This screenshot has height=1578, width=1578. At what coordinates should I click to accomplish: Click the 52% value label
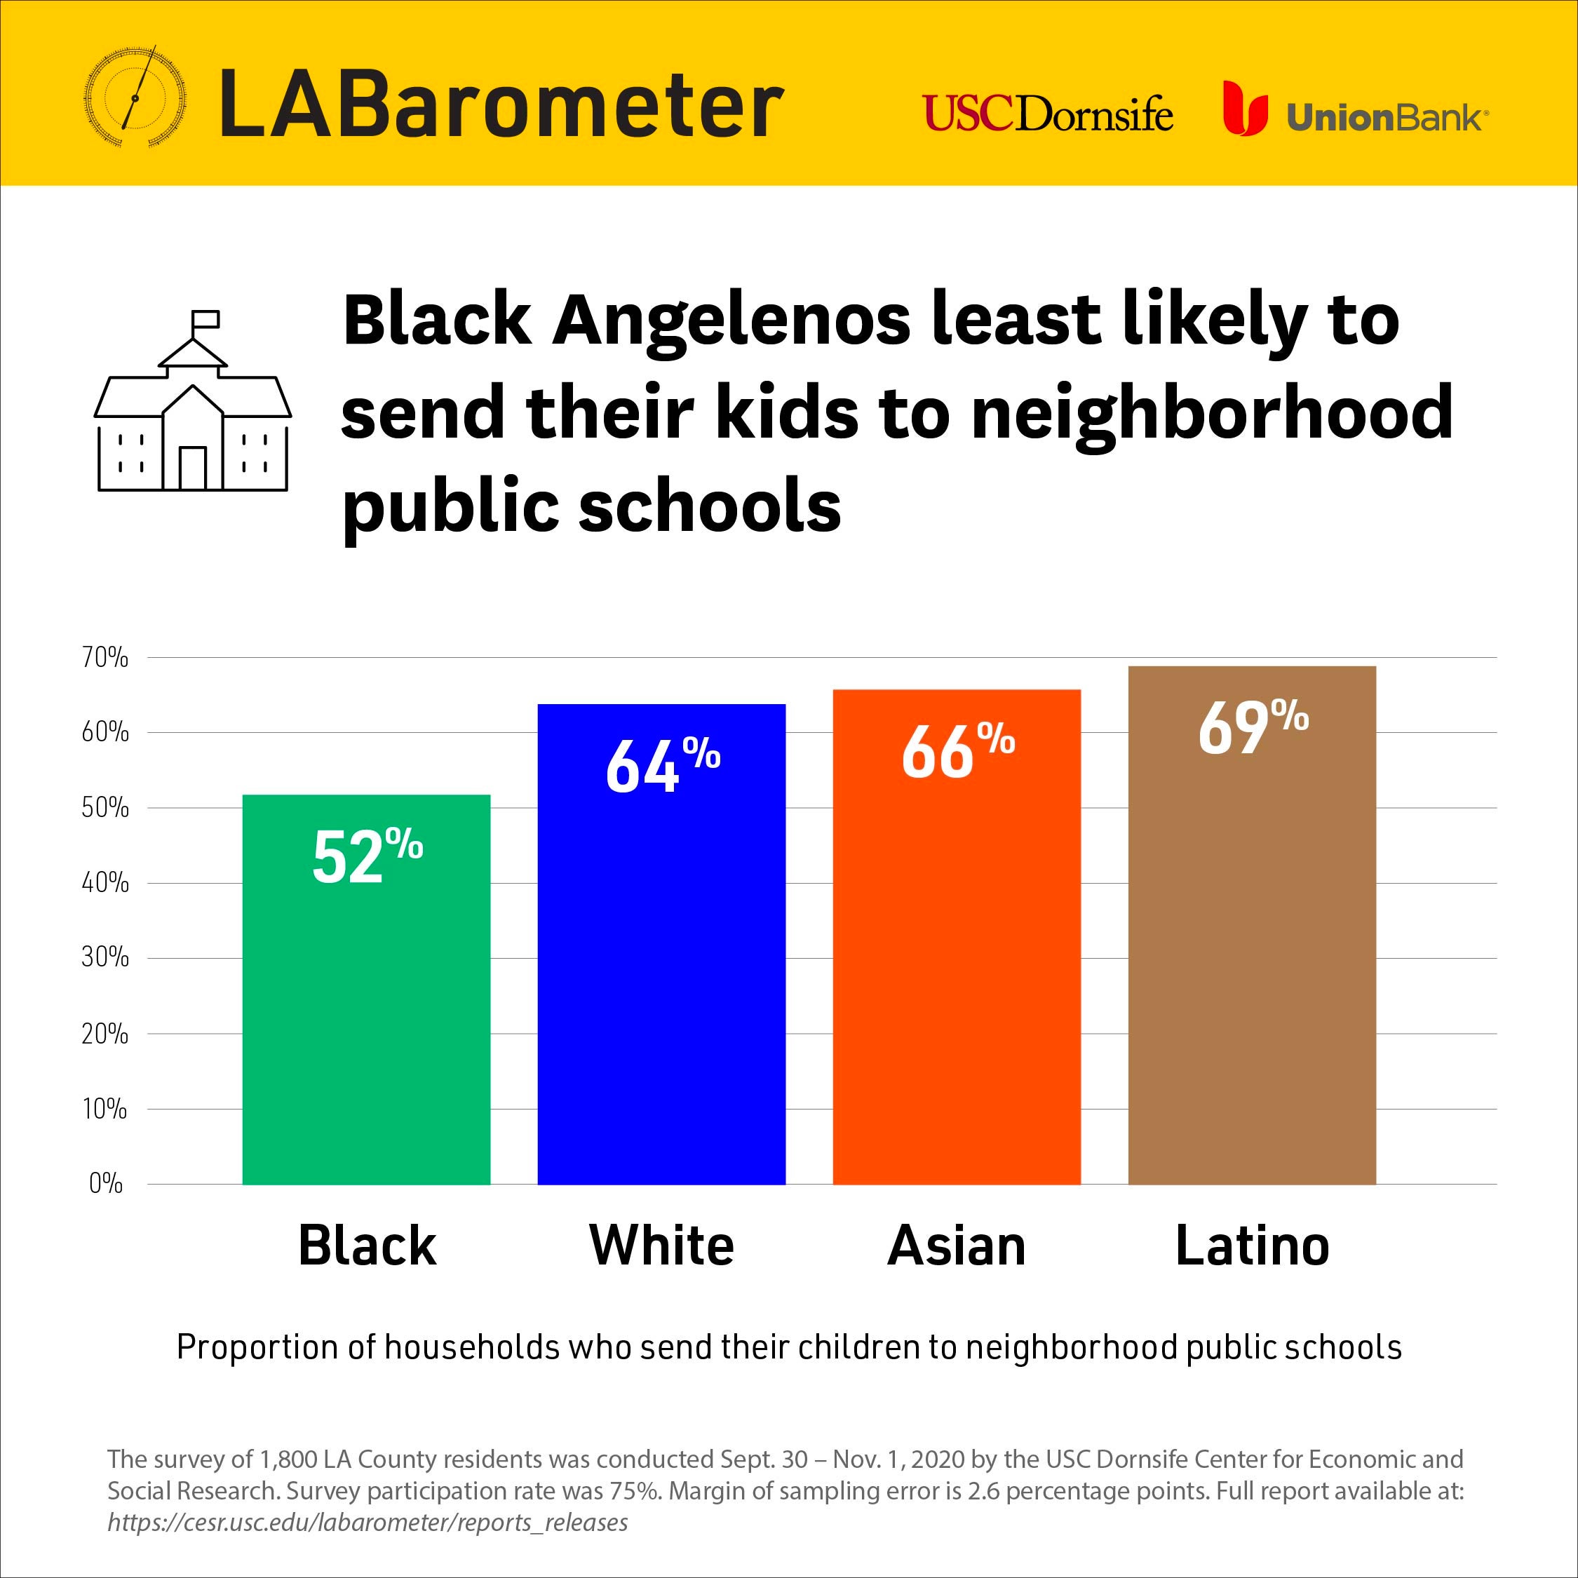[367, 855]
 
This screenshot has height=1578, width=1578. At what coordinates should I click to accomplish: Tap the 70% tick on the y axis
[104, 658]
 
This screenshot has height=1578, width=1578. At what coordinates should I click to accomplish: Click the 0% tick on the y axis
[105, 1184]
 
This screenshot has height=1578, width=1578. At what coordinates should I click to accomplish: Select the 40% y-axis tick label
[104, 883]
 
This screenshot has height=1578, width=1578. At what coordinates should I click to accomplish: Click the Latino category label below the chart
[1252, 1246]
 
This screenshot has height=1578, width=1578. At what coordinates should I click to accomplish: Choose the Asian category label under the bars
[957, 1246]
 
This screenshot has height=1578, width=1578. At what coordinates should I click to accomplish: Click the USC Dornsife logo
[1048, 114]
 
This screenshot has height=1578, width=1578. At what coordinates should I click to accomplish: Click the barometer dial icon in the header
[135, 99]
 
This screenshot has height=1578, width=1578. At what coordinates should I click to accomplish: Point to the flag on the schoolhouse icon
[205, 318]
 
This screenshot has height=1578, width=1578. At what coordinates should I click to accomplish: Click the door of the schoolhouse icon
[193, 467]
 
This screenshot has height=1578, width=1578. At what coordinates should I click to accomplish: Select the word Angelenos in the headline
[731, 321]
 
